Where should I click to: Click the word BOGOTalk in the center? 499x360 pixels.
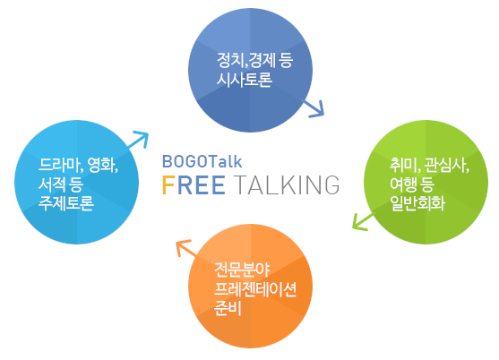tap(202, 161)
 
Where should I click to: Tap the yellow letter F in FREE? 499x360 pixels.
tap(168, 184)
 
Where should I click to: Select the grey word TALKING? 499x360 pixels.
tap(287, 184)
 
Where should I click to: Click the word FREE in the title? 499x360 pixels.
tap(194, 184)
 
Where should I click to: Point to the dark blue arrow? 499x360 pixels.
tap(313, 108)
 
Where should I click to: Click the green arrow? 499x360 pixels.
tap(363, 222)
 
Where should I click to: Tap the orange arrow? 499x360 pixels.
tap(187, 248)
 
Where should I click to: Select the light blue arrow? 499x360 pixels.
tap(138, 140)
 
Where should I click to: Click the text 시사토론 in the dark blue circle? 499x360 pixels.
tap(244, 79)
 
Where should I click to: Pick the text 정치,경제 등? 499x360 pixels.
tap(254, 60)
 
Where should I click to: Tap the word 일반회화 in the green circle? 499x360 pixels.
tap(417, 203)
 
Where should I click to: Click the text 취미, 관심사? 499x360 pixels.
tap(430, 165)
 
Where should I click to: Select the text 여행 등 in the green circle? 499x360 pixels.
tap(412, 184)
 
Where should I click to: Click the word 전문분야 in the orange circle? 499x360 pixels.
tap(242, 270)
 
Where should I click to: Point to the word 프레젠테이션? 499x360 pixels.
tap(255, 288)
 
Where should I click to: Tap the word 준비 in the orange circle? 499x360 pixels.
tap(228, 308)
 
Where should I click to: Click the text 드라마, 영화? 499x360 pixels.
tap(78, 165)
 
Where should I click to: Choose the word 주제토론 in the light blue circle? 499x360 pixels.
tap(66, 203)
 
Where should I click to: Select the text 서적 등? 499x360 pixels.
tap(61, 184)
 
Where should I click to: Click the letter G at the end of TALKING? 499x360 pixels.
tap(332, 184)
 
